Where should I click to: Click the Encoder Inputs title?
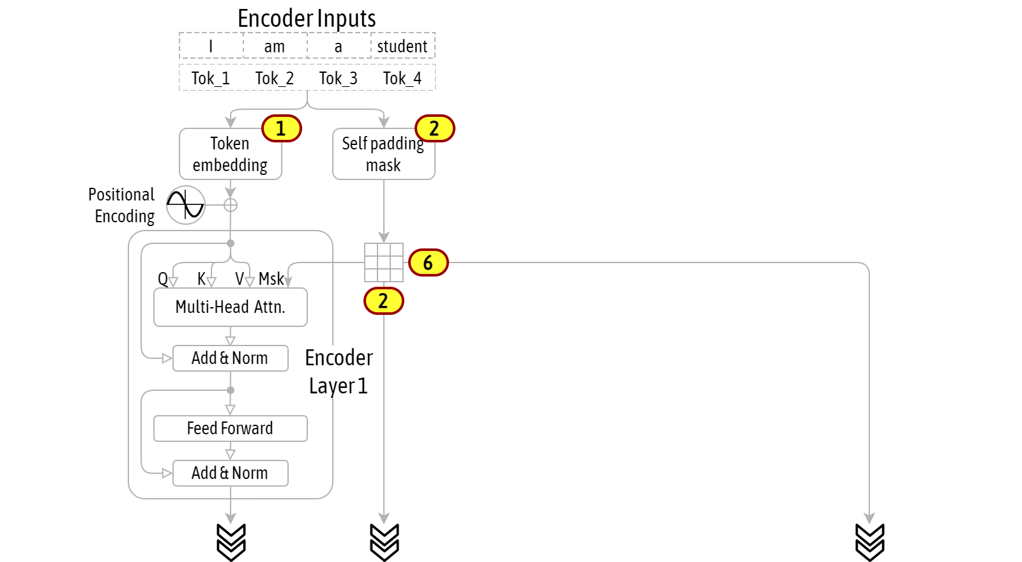tap(307, 19)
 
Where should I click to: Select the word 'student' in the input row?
tap(402, 46)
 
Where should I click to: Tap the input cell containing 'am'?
tap(275, 45)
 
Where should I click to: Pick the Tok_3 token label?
tap(338, 79)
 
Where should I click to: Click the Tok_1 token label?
tap(210, 79)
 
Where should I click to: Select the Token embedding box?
tap(231, 154)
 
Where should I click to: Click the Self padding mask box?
tap(384, 154)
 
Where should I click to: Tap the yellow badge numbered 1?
tap(282, 128)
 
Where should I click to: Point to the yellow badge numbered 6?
tap(429, 262)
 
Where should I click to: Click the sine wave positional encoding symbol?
tap(185, 205)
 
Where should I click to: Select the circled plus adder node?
tap(231, 205)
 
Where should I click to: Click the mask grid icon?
tap(384, 262)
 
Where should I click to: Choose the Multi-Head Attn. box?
tap(231, 307)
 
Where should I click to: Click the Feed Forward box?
tap(231, 429)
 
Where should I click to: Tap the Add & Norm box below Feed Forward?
tap(231, 473)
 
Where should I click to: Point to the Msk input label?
tap(271, 278)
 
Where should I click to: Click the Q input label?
tap(162, 278)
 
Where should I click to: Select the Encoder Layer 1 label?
tap(339, 372)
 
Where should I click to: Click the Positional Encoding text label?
tap(122, 205)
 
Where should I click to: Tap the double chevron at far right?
tap(869, 542)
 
